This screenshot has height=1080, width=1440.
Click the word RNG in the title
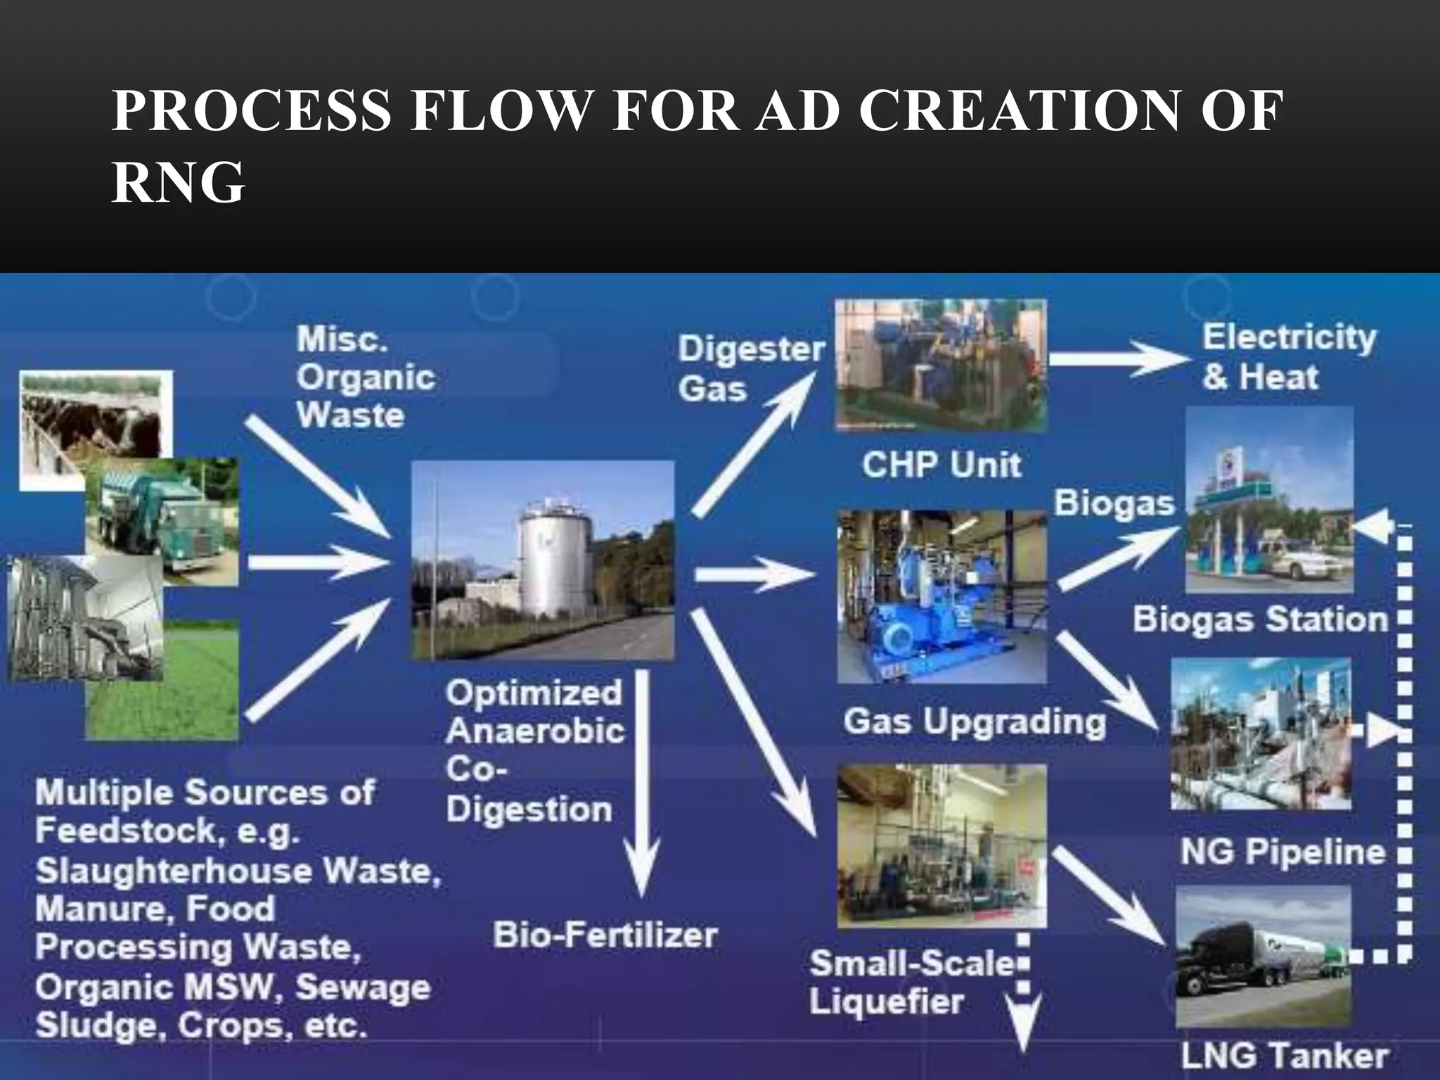[x=178, y=182]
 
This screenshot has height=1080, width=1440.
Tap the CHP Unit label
[x=941, y=465]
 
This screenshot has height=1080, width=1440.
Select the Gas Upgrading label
[x=974, y=721]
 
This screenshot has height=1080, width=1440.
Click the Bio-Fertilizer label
[x=605, y=935]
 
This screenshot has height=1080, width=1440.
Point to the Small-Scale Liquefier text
[x=911, y=982]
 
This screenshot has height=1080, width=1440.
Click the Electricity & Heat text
[x=1288, y=356]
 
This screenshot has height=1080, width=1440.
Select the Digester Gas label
[x=750, y=368]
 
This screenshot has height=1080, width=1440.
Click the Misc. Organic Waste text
[x=365, y=377]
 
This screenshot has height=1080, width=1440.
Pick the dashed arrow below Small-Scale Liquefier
[x=1024, y=998]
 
